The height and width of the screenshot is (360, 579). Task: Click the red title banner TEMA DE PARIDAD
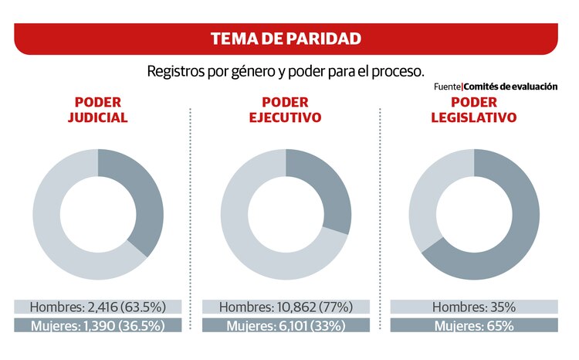pyautogui.click(x=286, y=39)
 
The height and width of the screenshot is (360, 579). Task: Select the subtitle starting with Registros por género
pyautogui.click(x=286, y=70)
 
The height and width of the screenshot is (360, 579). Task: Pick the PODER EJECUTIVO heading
pyautogui.click(x=285, y=110)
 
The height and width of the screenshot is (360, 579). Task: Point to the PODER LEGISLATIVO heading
pyautogui.click(x=473, y=110)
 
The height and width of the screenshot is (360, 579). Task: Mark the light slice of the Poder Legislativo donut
pyautogui.click(x=425, y=193)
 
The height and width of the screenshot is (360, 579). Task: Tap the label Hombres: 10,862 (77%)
pyautogui.click(x=285, y=307)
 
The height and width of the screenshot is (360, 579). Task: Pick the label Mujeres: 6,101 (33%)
pyautogui.click(x=285, y=325)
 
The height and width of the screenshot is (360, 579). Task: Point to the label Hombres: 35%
pyautogui.click(x=473, y=307)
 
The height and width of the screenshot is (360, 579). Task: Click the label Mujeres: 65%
pyautogui.click(x=473, y=325)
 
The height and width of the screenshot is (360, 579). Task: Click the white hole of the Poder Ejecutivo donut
pyautogui.click(x=286, y=214)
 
